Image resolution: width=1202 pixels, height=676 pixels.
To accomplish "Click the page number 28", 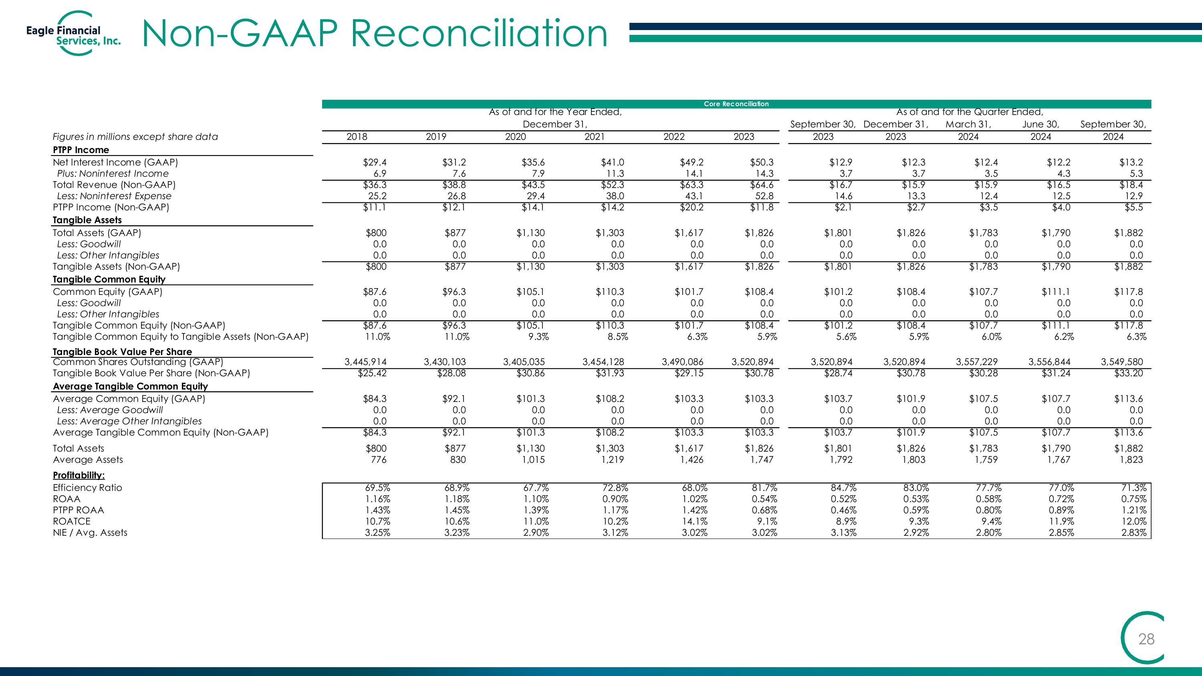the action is pos(1146,639).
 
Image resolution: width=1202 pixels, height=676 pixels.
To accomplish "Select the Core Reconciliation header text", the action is pos(736,104).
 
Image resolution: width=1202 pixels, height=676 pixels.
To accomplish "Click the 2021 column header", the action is pos(595,137).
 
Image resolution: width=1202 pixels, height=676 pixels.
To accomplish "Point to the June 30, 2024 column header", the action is pos(1041,130).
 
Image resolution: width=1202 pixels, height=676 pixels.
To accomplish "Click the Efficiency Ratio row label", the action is pos(87,488).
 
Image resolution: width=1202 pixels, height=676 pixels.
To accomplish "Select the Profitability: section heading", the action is pos(79,475).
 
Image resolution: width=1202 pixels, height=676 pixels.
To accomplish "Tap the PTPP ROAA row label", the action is pos(79,510).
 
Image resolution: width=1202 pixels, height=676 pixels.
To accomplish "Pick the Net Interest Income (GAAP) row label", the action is pos(115,162).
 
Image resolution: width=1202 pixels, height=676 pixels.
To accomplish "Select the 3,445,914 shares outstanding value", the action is pos(365,361).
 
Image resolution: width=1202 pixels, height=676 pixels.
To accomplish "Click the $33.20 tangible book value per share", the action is pos(1129,373).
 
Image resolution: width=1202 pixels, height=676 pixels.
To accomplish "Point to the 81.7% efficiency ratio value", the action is pos(764,488).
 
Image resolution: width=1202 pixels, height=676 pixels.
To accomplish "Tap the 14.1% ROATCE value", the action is pos(695,521).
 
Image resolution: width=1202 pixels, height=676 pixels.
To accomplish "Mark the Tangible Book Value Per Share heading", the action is pos(122,352).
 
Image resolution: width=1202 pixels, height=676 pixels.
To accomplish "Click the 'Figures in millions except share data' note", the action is pos(135,137).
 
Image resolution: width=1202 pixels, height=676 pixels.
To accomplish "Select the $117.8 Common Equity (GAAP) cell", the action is pos(1129,292).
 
